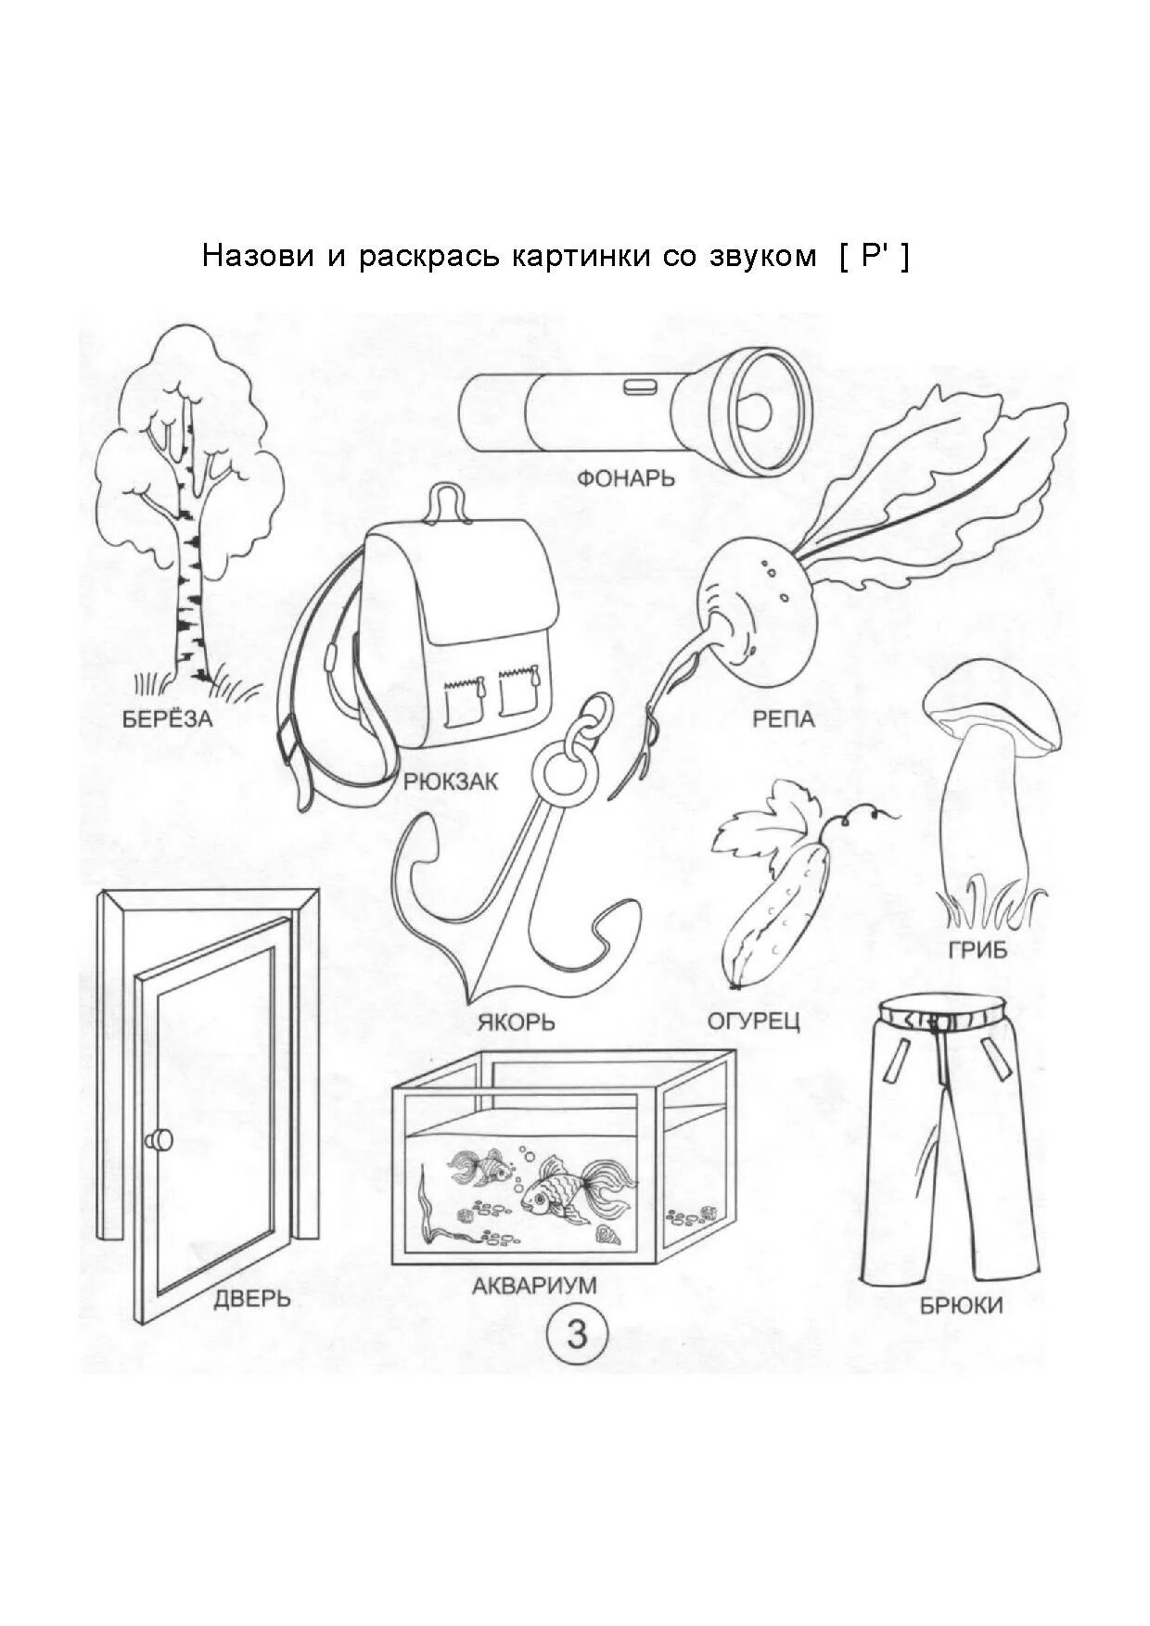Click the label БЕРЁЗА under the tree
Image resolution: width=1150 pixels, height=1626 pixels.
pos(167,718)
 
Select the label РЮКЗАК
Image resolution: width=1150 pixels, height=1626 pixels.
pos(451,781)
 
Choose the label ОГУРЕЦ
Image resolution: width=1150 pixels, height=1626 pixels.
pos(753,1022)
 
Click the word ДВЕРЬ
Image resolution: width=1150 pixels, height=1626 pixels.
pos(252,1298)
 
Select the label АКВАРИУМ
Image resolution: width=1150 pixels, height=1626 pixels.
pos(533,1286)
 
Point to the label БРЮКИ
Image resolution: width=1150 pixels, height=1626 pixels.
pos(961,1305)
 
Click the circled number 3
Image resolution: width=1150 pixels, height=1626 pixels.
pos(577,1336)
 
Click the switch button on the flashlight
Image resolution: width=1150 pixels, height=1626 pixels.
pos(639,385)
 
